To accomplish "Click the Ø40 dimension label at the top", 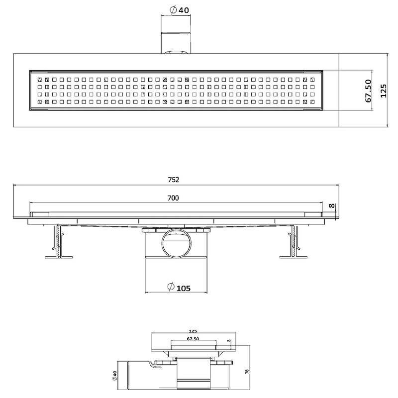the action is (x=179, y=10).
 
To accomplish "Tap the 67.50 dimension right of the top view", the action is (x=368, y=91).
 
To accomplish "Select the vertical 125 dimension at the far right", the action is (x=383, y=91).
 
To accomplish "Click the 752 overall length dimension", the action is (x=174, y=180).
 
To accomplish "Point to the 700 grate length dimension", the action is (x=173, y=198).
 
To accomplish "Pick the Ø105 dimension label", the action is (x=179, y=288).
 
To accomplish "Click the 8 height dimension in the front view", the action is (x=332, y=206).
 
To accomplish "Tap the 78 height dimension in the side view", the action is (x=247, y=372).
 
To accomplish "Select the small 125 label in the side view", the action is (x=193, y=331).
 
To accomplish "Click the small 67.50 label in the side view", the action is (x=193, y=339).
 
